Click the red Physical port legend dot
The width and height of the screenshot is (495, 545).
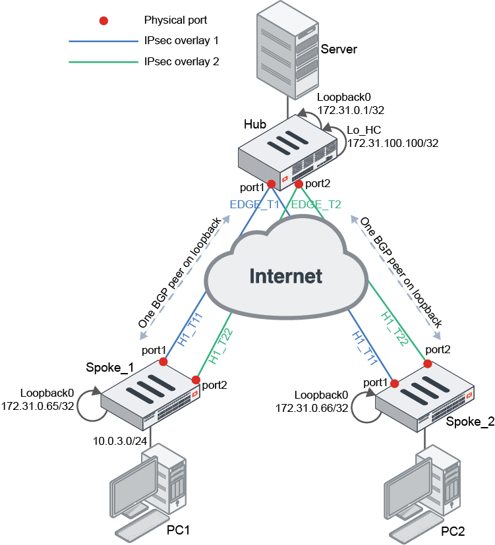coord(103,21)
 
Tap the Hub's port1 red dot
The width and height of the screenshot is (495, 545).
coord(271,184)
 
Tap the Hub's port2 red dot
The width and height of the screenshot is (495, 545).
coord(299,183)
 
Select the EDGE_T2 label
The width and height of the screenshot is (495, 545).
coord(316,204)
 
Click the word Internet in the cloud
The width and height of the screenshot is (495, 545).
coord(285,275)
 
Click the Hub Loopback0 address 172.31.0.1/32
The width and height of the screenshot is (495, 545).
coord(349,109)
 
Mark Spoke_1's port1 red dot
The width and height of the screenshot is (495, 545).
coord(163,361)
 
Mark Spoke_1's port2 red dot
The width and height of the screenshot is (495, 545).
coord(196,380)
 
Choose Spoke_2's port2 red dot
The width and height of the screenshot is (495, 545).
coord(427,363)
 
